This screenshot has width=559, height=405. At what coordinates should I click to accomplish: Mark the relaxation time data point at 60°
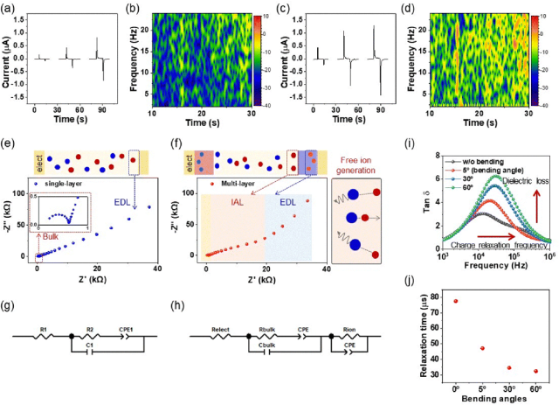[x=536, y=371]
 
